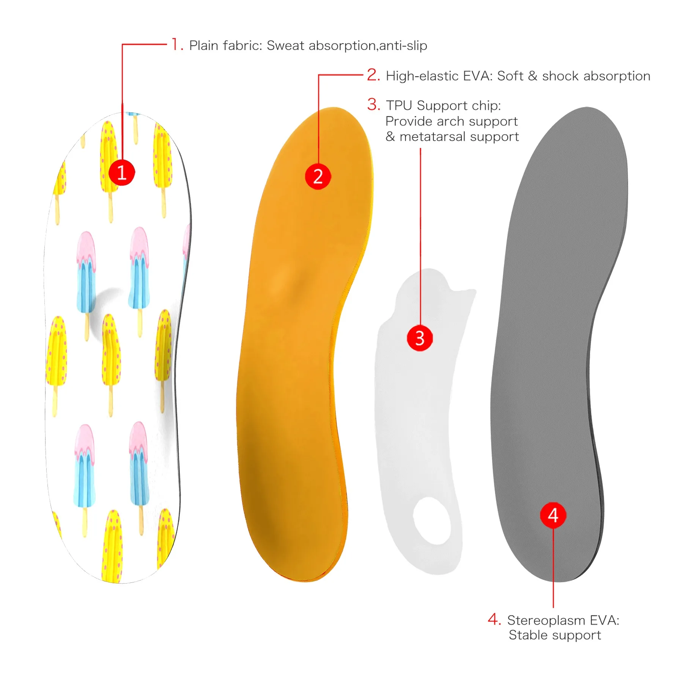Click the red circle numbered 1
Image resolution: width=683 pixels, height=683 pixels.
122,173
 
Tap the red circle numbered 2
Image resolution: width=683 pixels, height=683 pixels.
318,176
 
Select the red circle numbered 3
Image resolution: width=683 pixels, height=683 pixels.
420,338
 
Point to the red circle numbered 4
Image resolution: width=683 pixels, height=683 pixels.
553,515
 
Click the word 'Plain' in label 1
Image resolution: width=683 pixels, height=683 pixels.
204,46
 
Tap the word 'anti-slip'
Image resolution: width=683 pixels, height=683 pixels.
403,46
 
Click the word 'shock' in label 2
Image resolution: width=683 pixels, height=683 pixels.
560,76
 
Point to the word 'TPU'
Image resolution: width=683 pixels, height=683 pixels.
399,105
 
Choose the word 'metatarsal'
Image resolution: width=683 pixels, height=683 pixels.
429,137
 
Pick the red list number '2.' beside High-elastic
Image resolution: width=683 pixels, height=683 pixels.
373,75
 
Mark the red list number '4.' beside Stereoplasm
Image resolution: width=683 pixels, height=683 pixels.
494,619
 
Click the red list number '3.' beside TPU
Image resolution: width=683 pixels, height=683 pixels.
373,104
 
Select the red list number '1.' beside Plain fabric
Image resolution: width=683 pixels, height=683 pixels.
178,44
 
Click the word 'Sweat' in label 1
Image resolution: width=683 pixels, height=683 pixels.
285,46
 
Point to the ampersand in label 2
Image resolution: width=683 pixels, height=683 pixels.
532,76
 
